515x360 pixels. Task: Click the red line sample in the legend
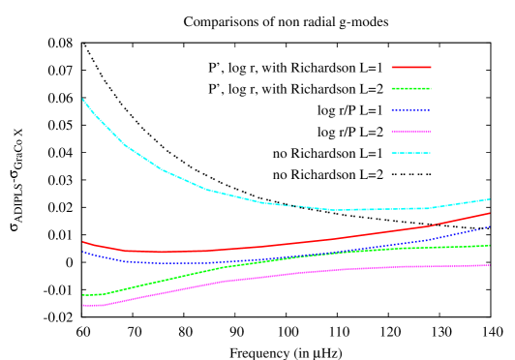click(410, 68)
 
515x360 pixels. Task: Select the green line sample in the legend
click(410, 89)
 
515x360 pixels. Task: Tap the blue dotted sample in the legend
click(410, 110)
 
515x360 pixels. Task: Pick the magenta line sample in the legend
click(410, 132)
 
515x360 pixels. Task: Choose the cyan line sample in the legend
click(410, 153)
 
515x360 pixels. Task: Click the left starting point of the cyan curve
click(83, 99)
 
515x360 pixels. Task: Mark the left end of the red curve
click(83, 242)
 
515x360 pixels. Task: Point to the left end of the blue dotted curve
click(83, 252)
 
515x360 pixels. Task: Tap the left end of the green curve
click(83, 295)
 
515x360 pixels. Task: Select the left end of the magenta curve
click(83, 306)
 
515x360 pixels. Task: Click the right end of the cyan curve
click(490, 198)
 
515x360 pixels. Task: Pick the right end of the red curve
click(490, 213)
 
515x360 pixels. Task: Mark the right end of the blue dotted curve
click(490, 226)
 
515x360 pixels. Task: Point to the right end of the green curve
click(490, 246)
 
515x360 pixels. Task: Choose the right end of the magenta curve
click(490, 265)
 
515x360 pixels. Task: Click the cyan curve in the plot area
click(208, 190)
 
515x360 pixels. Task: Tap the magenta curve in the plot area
click(290, 274)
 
